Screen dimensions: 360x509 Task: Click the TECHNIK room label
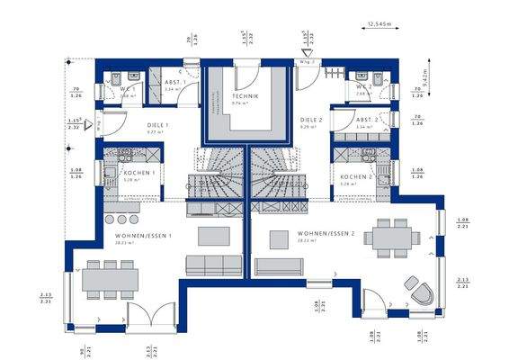coord(246,95)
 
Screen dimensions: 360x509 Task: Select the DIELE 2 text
coord(311,119)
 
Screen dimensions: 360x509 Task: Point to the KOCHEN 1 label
coord(139,172)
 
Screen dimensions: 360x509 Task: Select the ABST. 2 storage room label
coord(364,119)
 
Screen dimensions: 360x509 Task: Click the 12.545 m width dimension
coord(382,26)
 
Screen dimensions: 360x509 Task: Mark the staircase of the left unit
coord(216,185)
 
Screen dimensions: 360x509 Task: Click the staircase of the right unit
coord(277,185)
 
